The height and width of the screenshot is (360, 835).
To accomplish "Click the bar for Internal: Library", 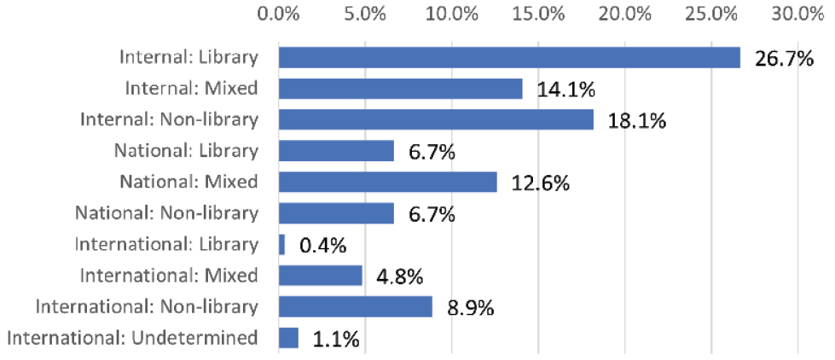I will [x=509, y=57].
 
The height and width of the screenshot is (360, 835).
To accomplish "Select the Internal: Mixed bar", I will [x=401, y=89].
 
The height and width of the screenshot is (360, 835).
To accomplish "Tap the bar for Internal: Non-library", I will [x=436, y=119].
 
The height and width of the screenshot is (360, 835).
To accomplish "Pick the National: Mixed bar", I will [x=388, y=182].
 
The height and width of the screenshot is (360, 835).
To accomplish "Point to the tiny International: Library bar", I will [x=282, y=244].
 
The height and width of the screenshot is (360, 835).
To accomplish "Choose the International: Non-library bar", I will [x=356, y=306].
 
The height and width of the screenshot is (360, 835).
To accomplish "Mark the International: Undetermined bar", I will [x=289, y=338].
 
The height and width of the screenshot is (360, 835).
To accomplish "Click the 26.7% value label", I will [x=784, y=59].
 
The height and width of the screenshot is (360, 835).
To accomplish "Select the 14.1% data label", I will [x=565, y=90].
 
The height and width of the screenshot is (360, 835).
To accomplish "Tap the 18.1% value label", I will [x=637, y=121].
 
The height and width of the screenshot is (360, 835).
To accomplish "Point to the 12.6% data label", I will [x=541, y=183].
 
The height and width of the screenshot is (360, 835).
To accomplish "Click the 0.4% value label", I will [x=323, y=246].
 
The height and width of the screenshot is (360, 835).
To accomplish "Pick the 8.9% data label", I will [x=471, y=308].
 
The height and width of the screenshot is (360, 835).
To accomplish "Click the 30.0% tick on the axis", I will [x=797, y=14].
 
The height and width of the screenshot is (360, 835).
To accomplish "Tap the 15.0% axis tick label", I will [x=538, y=14].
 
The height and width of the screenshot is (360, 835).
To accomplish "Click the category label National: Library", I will [x=186, y=151].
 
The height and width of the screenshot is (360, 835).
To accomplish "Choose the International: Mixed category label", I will [x=169, y=276].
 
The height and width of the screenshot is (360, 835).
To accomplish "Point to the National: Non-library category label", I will [x=166, y=213].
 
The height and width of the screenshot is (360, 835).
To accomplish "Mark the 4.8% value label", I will [x=400, y=277].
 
